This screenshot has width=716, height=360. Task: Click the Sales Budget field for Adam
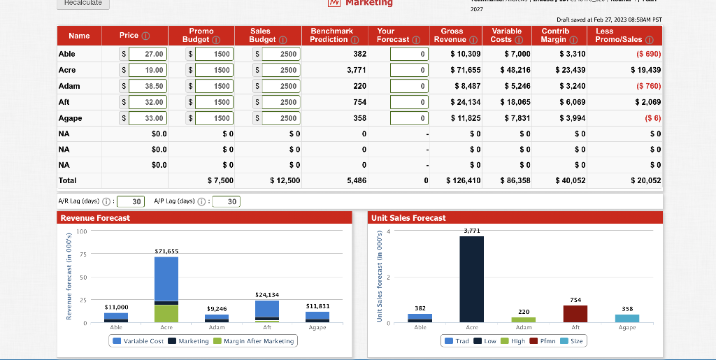(279, 86)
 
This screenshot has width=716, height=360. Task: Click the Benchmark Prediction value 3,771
(356, 70)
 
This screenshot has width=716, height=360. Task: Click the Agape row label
(71, 118)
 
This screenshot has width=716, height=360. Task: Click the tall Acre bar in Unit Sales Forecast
(471, 279)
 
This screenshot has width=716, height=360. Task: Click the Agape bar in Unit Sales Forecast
(626, 318)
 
